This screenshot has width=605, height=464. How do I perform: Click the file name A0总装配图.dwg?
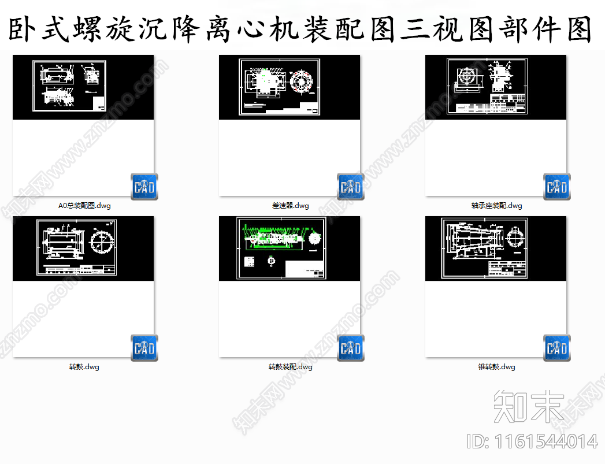coord(84,205)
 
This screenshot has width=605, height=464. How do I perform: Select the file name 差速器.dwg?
coord(291,205)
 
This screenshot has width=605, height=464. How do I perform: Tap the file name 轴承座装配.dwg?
coord(496,205)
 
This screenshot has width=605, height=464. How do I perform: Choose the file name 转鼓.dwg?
coord(84,367)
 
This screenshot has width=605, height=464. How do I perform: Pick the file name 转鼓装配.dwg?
coord(291,367)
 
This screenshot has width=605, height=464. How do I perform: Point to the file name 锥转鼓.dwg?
coord(496,367)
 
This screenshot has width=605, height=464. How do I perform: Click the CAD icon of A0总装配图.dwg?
coord(144,187)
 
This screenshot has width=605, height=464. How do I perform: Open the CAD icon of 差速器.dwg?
coord(351,187)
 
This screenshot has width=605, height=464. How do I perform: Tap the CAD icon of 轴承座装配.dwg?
coord(557,187)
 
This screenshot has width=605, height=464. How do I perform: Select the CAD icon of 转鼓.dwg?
coord(144,348)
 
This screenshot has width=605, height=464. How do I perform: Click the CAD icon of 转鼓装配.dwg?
coord(351,348)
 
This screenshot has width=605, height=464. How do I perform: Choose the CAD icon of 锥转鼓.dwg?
coord(557,348)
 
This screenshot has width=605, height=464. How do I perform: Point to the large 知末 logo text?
coord(529,405)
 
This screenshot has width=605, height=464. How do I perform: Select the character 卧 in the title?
coord(24,30)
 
